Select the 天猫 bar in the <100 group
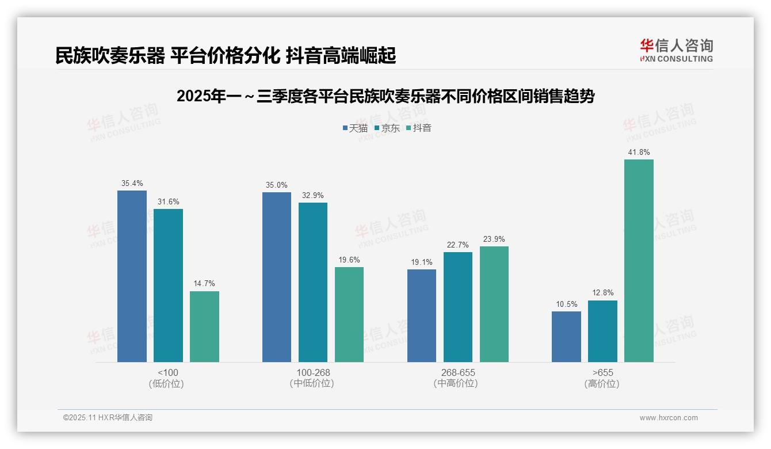(132, 276)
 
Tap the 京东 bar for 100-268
(313, 282)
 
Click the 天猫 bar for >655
(566, 337)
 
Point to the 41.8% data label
(639, 153)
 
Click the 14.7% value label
(204, 284)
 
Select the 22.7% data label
(457, 245)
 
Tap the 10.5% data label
(566, 305)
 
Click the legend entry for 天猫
(355, 128)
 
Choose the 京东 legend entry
(387, 128)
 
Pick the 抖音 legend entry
(419, 128)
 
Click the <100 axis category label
(167, 372)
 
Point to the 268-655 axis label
(458, 372)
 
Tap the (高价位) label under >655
(602, 384)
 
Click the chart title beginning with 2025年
(385, 96)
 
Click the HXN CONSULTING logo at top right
(676, 50)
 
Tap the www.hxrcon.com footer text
(669, 418)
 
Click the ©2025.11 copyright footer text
(108, 418)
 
